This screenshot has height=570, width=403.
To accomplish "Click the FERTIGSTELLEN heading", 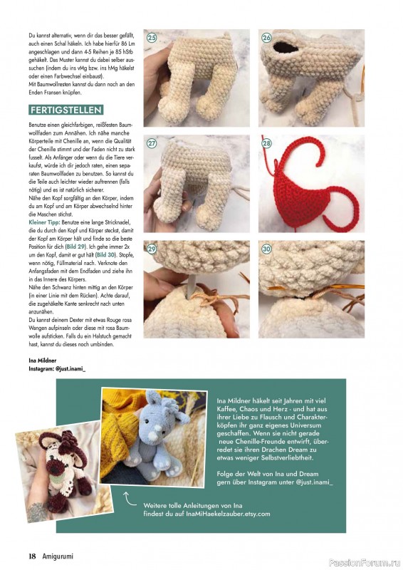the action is (x=66, y=110).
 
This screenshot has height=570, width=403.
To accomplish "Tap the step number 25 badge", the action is (x=152, y=37).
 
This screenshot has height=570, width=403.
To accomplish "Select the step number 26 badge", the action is (x=266, y=37).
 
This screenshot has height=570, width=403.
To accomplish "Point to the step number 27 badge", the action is (x=152, y=142).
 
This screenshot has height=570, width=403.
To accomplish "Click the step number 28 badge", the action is (x=266, y=142).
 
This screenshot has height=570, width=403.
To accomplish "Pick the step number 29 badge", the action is (x=152, y=249).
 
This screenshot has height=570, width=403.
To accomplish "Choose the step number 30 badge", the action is (x=266, y=249).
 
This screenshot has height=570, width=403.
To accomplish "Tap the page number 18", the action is (x=32, y=556).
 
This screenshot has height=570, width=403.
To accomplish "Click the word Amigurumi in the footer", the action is (x=57, y=556).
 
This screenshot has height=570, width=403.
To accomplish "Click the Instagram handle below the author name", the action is (x=57, y=369).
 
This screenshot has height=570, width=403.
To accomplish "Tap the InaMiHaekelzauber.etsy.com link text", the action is (x=206, y=513).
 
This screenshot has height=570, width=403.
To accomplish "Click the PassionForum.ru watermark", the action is (x=370, y=556).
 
